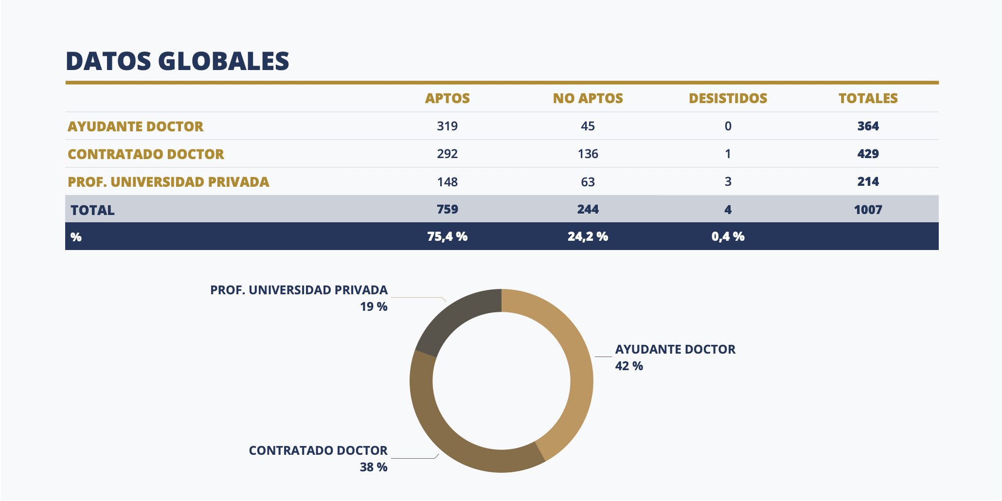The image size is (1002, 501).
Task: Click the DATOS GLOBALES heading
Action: pos(177,61)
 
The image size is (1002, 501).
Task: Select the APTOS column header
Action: pos(447,98)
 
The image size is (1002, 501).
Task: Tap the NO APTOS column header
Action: pos(588,98)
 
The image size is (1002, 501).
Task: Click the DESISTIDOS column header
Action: pos(728,98)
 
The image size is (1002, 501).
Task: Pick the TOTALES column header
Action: pos(868,98)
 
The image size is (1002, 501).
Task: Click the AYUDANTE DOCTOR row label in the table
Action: pos(135,126)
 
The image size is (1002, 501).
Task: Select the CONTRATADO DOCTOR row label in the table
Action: pos(145,154)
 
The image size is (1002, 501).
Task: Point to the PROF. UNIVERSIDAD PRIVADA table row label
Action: pos(168,182)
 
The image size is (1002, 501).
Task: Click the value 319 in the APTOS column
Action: pos(447,126)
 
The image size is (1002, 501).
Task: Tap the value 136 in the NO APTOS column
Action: pos(588,154)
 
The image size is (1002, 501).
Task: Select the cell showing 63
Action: pos(588,182)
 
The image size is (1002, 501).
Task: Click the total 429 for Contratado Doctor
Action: pos(868,154)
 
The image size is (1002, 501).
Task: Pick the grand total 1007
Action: pos(868,210)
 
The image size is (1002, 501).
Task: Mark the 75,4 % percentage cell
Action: pos(447,237)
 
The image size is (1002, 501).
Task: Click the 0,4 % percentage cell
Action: pos(728,237)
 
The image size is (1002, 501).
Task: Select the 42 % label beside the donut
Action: pos(629,366)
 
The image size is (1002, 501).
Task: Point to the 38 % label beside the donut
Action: pos(374,467)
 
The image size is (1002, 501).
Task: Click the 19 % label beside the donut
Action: pos(374,307)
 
